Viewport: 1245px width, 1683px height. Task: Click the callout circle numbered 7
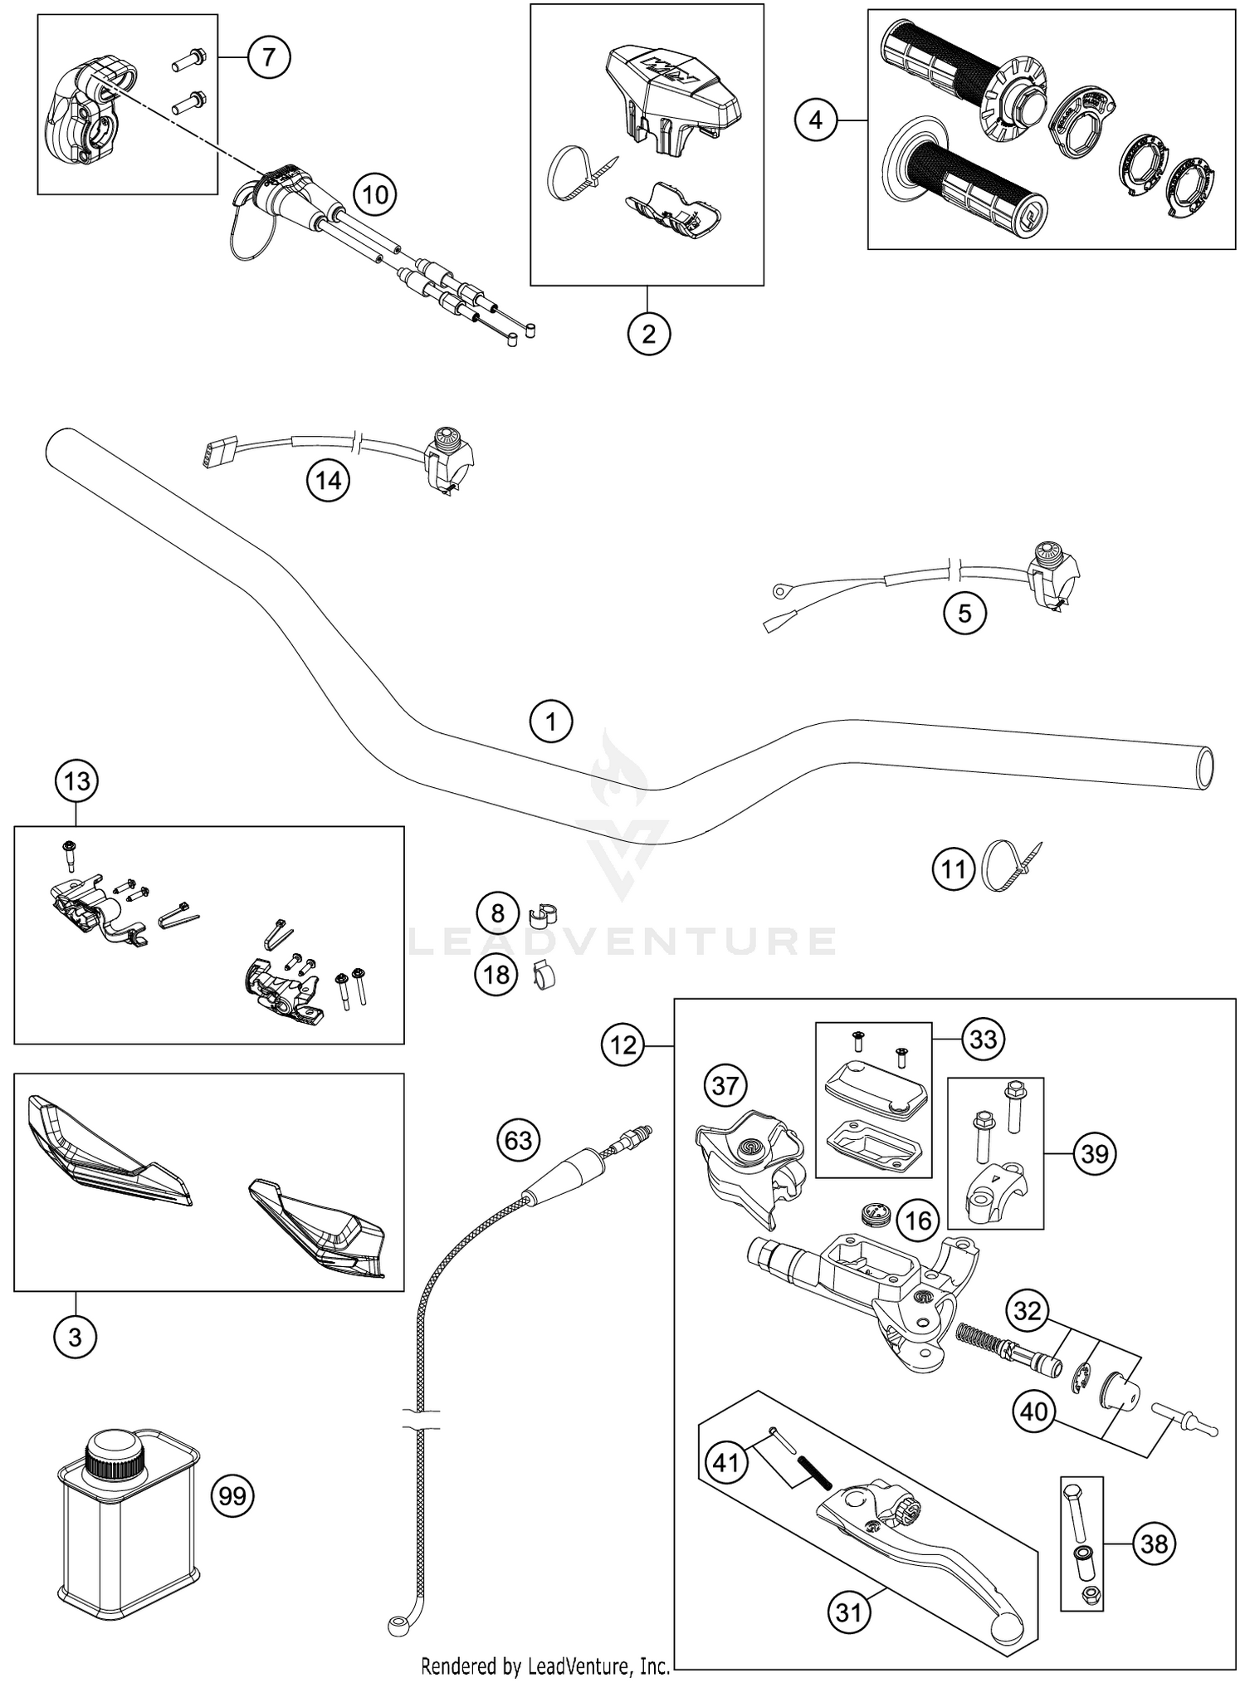(268, 57)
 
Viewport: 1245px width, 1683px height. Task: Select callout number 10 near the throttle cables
(375, 195)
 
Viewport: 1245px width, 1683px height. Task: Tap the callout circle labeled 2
(648, 334)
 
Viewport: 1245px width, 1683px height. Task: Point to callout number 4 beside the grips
(816, 121)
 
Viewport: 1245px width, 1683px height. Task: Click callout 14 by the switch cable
(328, 481)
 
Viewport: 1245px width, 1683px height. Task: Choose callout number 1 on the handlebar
(551, 722)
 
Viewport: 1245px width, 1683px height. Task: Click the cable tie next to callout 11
(1004, 867)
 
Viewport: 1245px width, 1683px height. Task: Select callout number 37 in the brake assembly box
(725, 1085)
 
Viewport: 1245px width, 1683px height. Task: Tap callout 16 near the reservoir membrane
(917, 1220)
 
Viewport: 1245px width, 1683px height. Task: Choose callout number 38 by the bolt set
(1154, 1544)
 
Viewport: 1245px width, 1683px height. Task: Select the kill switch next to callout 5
(1052, 573)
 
